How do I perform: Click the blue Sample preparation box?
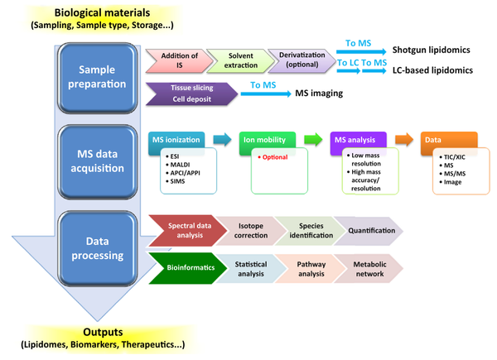pyautogui.click(x=97, y=78)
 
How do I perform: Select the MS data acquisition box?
pyautogui.click(x=97, y=161)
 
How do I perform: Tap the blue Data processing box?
pyautogui.click(x=97, y=248)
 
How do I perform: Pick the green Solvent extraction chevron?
pyautogui.click(x=241, y=60)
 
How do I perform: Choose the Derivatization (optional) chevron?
pyautogui.click(x=302, y=60)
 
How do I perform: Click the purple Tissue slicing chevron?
pyautogui.click(x=192, y=94)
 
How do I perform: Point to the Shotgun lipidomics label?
pyautogui.click(x=431, y=50)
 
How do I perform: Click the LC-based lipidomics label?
pyautogui.click(x=432, y=70)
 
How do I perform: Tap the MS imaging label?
pyautogui.click(x=319, y=94)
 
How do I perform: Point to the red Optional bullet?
pyautogui.click(x=273, y=157)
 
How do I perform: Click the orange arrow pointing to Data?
pyautogui.click(x=404, y=140)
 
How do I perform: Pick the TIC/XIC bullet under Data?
pyautogui.click(x=452, y=157)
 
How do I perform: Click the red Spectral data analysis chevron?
pyautogui.click(x=188, y=231)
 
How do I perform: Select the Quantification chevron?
pyautogui.click(x=369, y=231)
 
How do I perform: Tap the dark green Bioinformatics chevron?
pyautogui.click(x=188, y=268)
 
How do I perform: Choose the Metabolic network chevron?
pyautogui.click(x=369, y=269)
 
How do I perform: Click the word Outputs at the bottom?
pyautogui.click(x=103, y=332)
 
